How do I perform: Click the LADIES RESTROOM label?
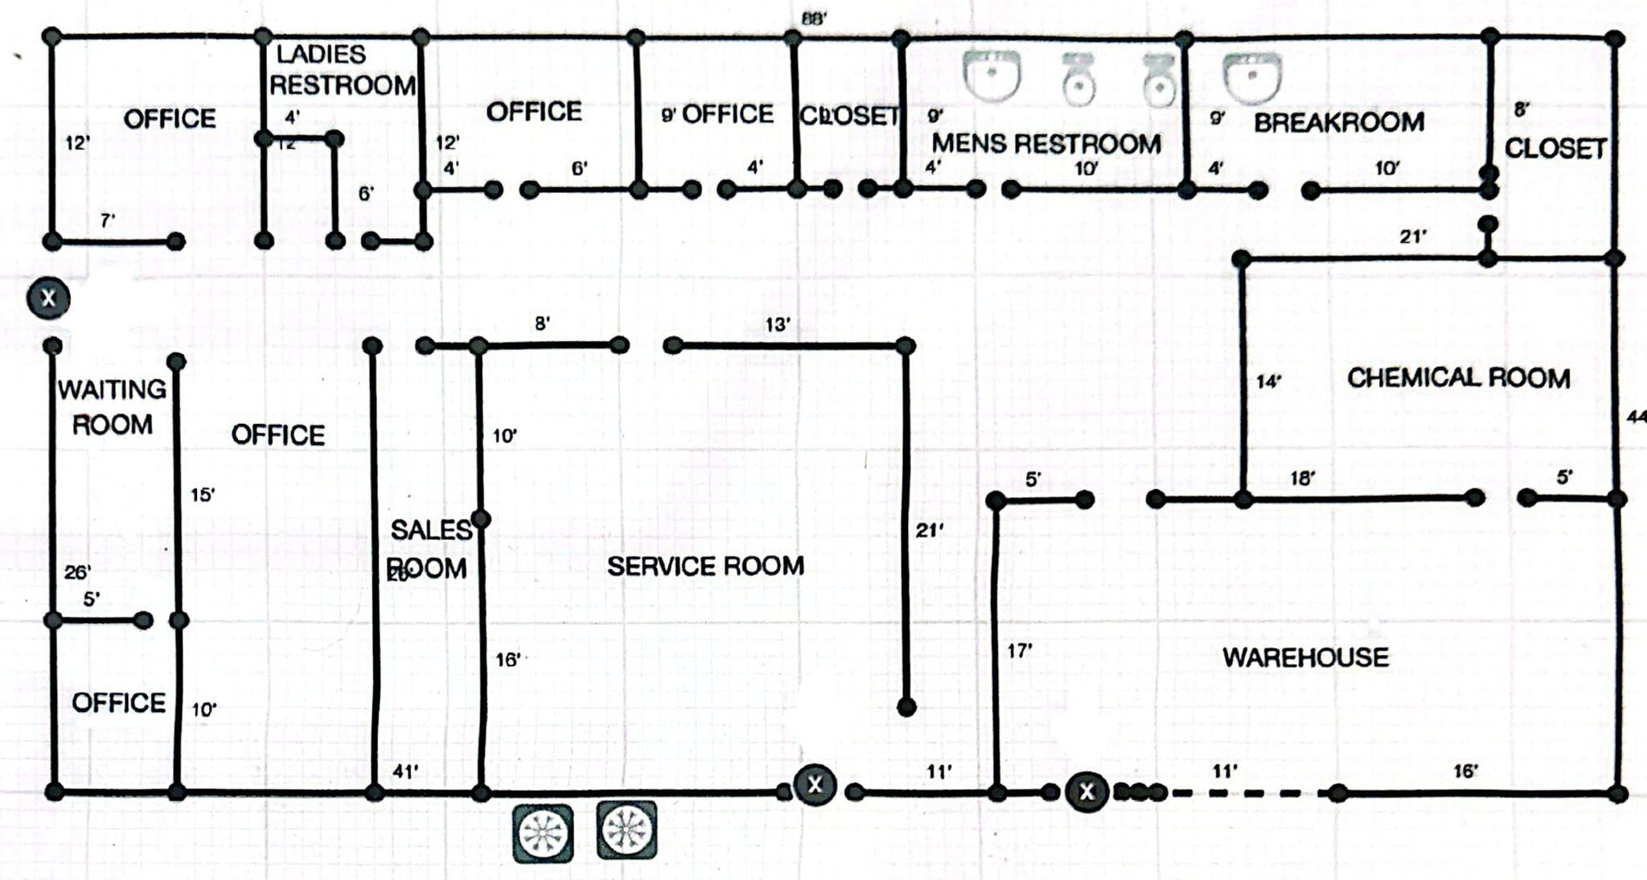341,70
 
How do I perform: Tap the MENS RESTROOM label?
1045,143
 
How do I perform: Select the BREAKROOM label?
1339,122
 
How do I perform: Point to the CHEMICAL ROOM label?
1458,378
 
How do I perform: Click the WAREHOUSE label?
1305,657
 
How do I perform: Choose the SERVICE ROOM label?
705,565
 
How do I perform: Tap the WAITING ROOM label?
112,407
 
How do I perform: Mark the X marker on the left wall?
48,298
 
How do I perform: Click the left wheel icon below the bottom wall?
544,832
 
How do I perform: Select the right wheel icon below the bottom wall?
626,830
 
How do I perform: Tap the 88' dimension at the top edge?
813,18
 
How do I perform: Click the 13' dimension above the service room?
777,324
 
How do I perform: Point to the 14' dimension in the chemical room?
1268,381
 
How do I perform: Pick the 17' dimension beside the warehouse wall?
1019,650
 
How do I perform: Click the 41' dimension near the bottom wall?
405,771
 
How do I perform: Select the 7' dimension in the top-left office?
107,220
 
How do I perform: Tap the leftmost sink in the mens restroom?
992,75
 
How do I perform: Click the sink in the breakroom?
1251,78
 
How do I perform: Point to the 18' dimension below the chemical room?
1302,478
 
